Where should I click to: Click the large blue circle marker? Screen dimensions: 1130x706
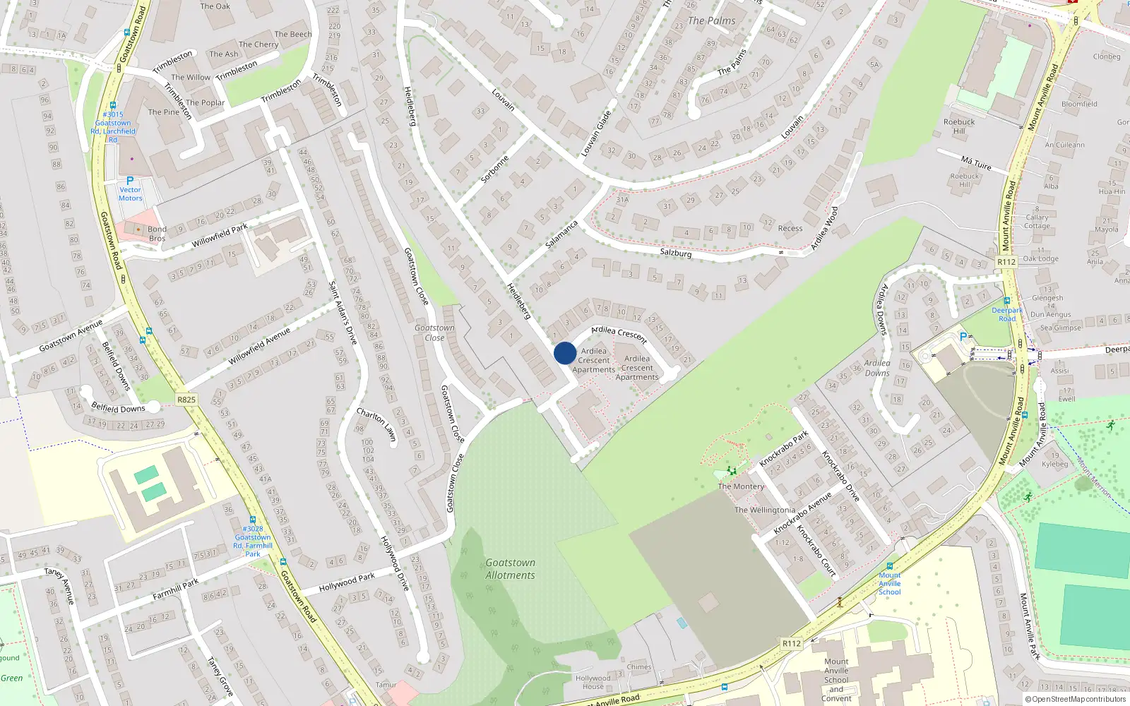[565, 353]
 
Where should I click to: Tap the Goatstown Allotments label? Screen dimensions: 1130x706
[510, 569]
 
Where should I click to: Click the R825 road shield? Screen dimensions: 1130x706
[186, 400]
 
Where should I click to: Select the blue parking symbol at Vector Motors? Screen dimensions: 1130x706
[130, 181]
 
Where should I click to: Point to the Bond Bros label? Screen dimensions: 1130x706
[157, 234]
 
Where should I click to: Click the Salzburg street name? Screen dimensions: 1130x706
[675, 253]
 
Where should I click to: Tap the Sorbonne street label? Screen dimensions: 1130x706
[494, 169]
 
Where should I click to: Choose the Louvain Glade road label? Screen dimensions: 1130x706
[595, 133]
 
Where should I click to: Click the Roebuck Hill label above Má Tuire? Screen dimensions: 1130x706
[958, 126]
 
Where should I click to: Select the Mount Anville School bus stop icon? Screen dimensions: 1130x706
[889, 566]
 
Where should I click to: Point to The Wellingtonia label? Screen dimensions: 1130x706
[764, 510]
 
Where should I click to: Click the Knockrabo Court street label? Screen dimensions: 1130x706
[816, 551]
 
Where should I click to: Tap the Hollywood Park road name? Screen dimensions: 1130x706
[347, 582]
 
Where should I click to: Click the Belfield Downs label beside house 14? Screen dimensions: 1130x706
[118, 408]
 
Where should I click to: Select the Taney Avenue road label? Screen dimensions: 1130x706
[59, 585]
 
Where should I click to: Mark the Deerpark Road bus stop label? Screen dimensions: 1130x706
[1006, 314]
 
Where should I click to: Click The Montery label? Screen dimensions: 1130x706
[741, 486]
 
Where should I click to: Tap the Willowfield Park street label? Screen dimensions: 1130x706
[220, 236]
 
